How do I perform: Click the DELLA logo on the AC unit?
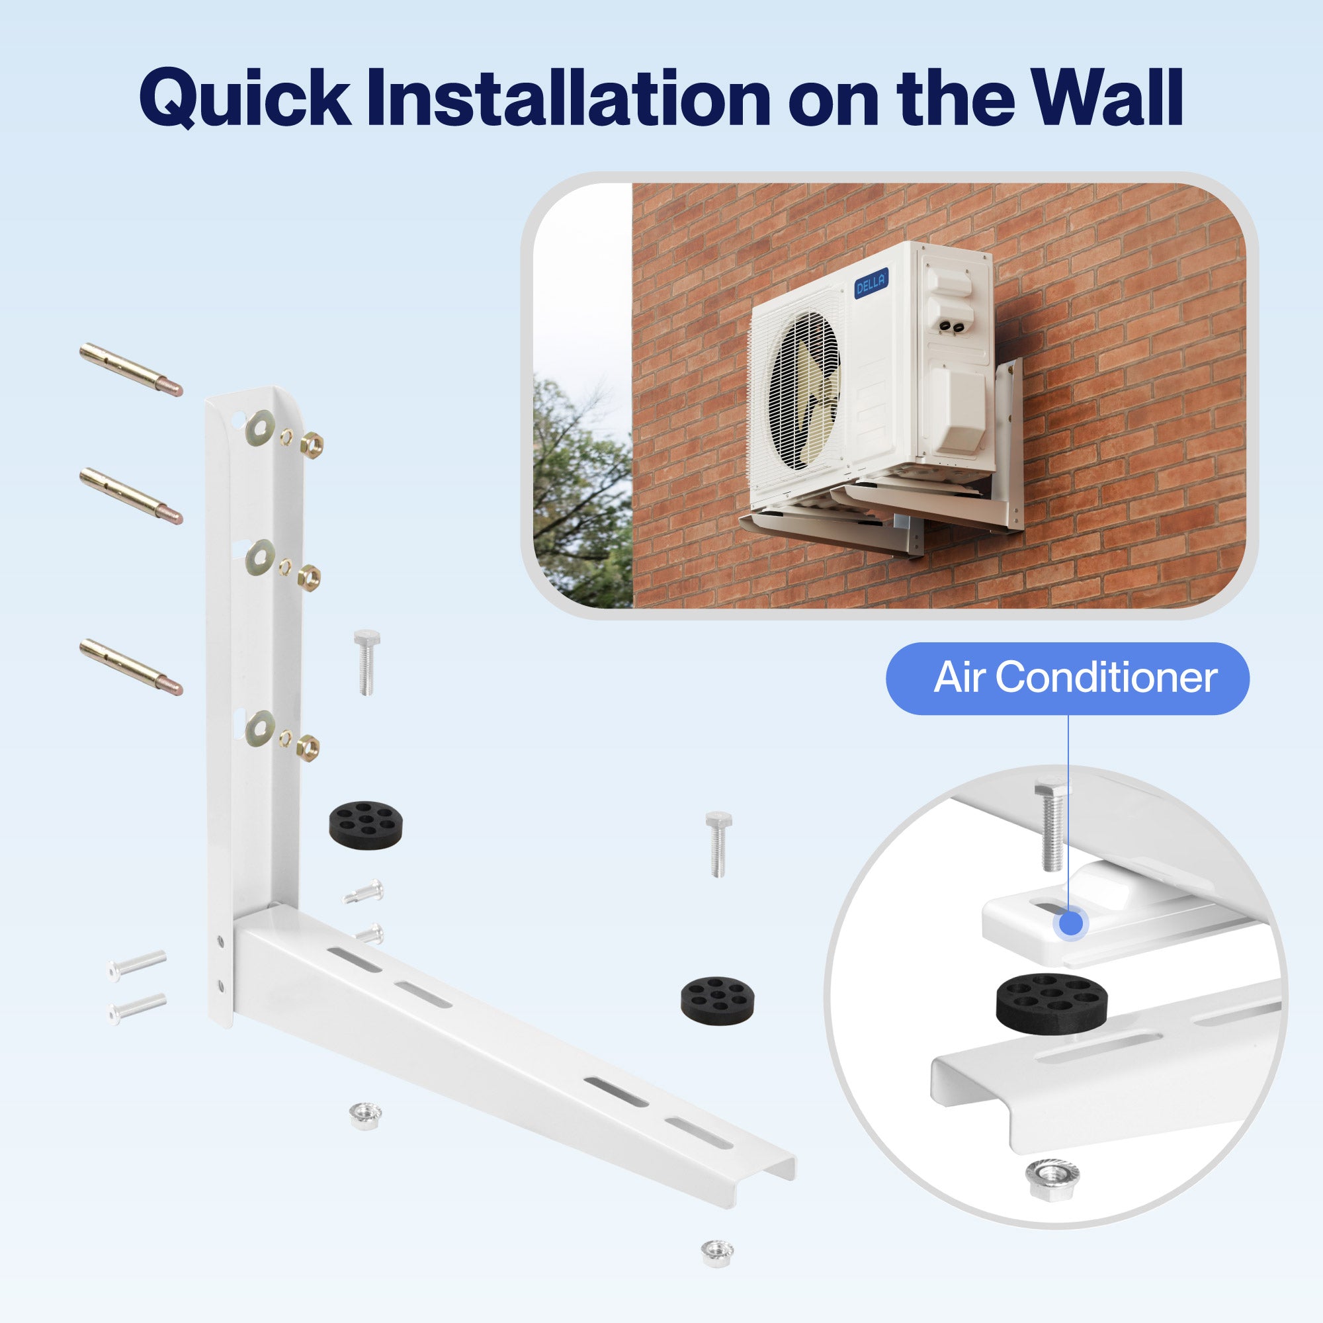point(871,282)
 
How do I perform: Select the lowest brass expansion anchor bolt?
point(130,666)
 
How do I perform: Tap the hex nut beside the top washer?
point(312,445)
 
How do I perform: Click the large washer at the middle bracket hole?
point(260,557)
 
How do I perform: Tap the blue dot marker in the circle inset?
point(1070,923)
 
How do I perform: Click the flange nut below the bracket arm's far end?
point(717,1252)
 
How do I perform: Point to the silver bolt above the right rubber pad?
point(718,843)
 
